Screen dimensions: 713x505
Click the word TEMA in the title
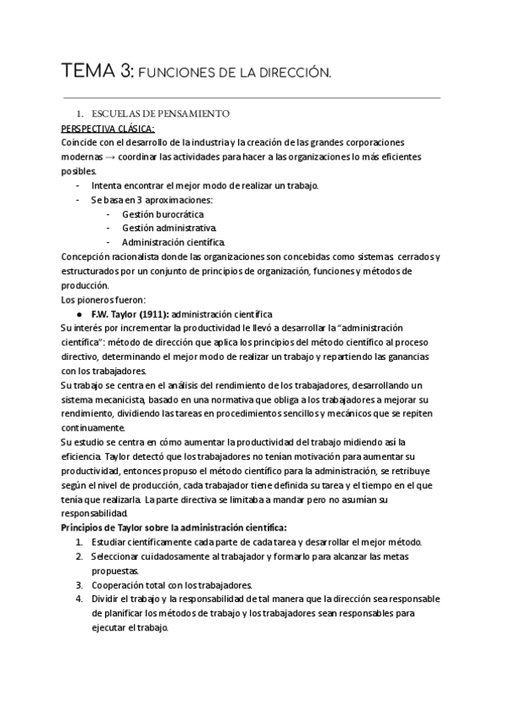pos(90,73)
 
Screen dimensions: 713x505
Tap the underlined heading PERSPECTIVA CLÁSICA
pos(106,128)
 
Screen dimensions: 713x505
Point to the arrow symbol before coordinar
pos(123,157)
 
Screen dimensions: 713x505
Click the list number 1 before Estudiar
pos(78,541)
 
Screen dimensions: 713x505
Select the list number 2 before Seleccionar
pos(78,556)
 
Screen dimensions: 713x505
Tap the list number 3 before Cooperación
pos(78,584)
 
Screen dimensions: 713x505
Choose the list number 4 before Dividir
pos(78,599)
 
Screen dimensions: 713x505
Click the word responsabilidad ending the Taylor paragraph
pos(93,513)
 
